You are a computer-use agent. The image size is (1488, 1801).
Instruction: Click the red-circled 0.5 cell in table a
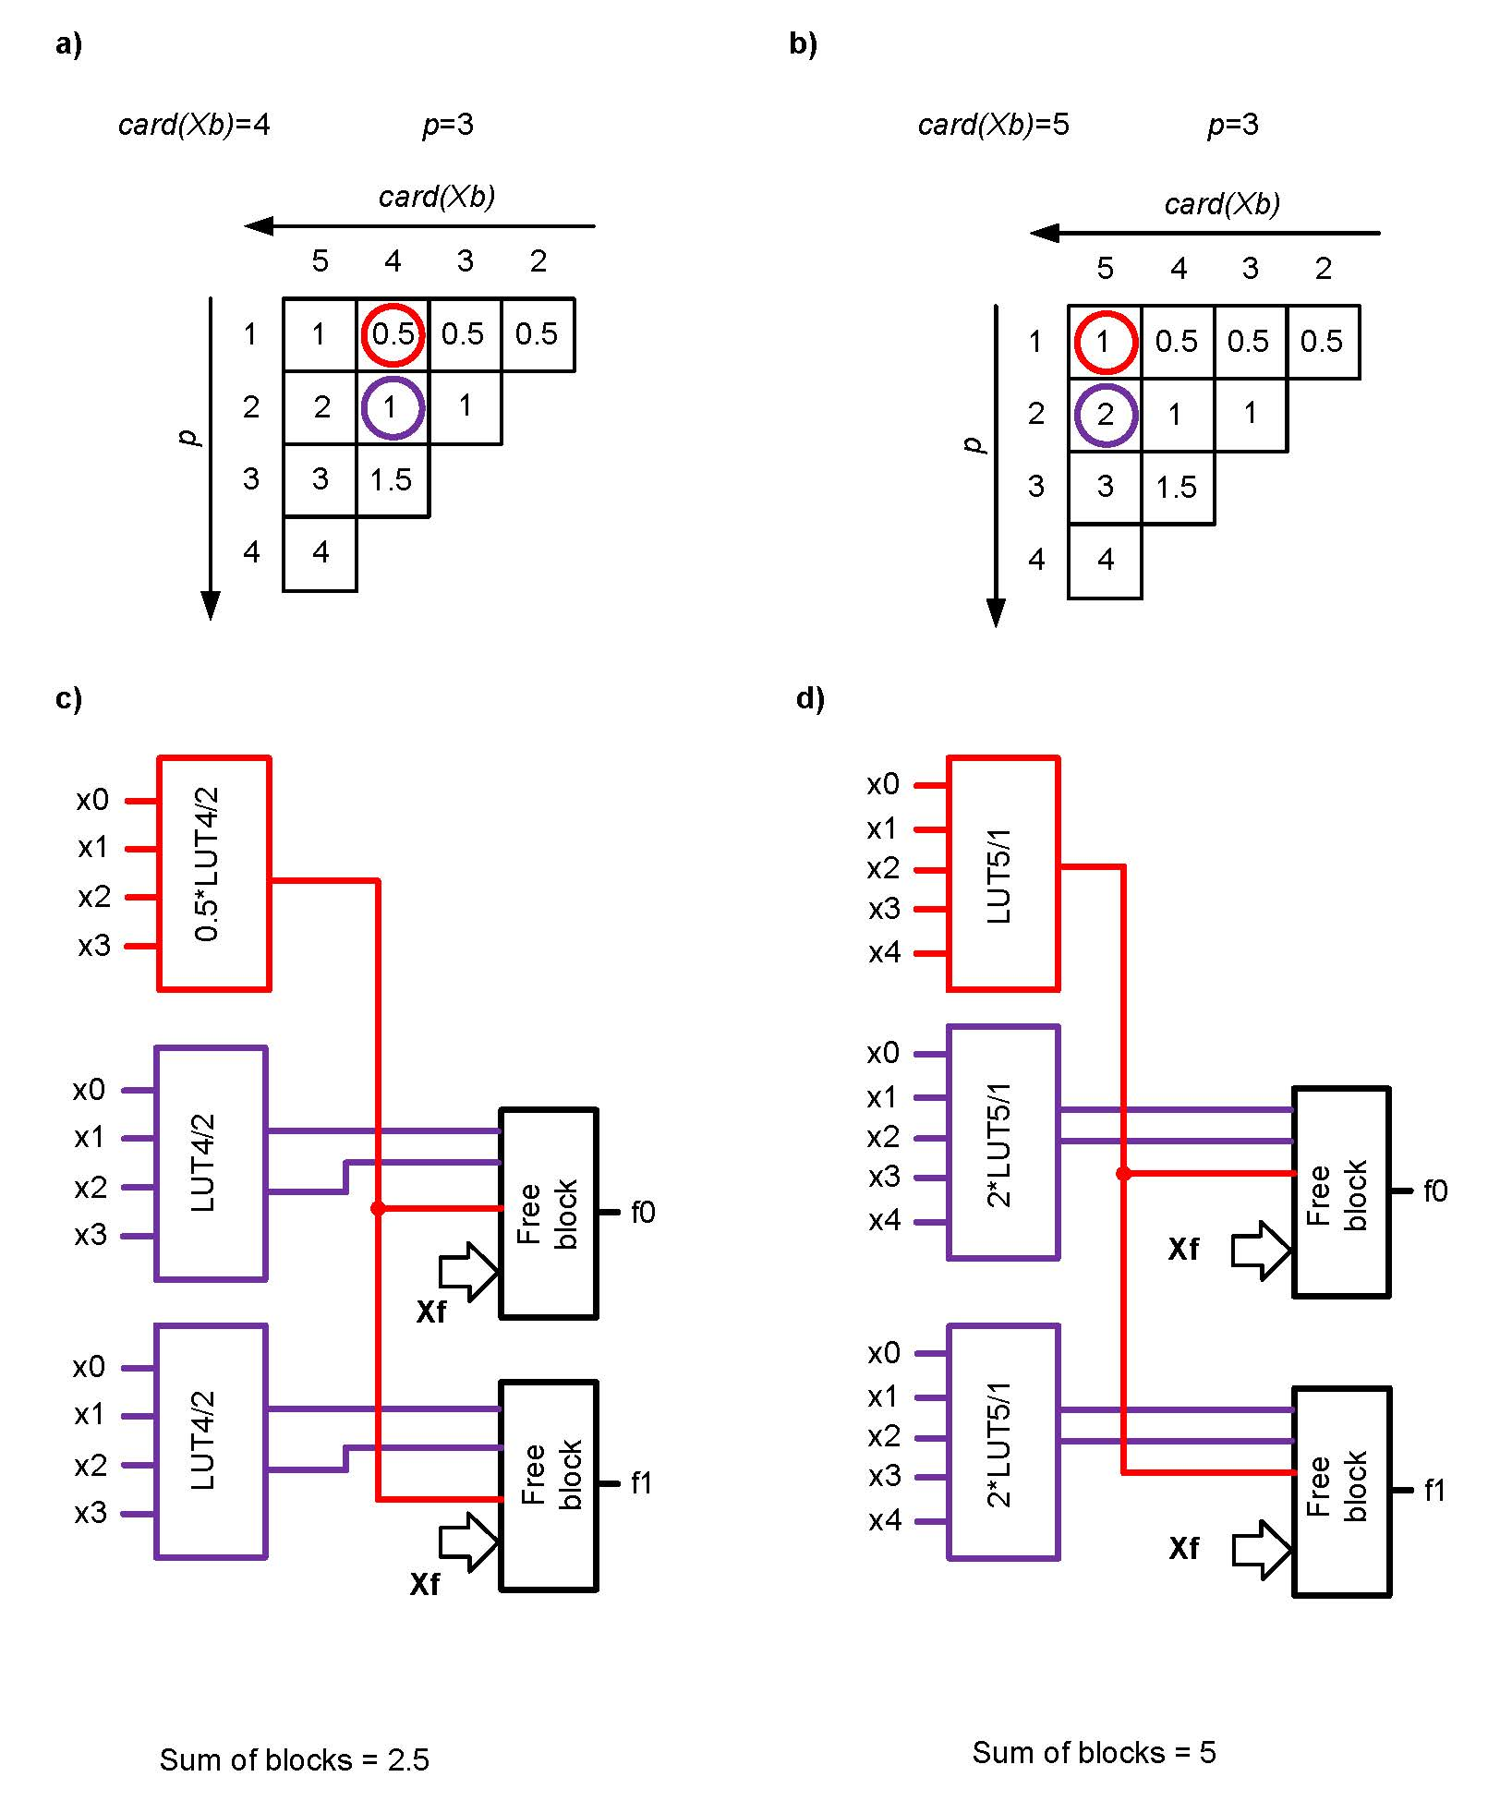pos(393,334)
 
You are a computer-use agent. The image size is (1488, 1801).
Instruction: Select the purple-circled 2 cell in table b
pos(1106,415)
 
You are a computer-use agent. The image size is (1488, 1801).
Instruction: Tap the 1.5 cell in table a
pos(392,480)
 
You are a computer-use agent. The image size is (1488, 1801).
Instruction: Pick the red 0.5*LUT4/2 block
pos(214,873)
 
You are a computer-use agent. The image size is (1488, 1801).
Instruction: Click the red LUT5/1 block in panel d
pos(1003,874)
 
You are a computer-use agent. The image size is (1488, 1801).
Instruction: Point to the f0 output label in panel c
pos(643,1212)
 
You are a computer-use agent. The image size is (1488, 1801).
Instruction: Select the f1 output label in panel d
pos(1434,1491)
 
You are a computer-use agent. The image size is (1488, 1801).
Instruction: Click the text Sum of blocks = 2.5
pos(295,1760)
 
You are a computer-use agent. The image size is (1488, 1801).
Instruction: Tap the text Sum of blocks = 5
pos(1094,1753)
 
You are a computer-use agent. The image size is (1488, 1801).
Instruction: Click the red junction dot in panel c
pos(377,1208)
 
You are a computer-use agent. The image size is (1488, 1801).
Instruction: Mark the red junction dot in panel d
pos(1123,1174)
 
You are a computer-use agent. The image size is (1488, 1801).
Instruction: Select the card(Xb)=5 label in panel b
pos(993,125)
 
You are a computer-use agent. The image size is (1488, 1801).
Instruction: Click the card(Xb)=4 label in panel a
pos(194,125)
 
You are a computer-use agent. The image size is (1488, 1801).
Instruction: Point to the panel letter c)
pos(68,699)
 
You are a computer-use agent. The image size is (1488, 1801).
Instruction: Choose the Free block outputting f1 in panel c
pos(549,1485)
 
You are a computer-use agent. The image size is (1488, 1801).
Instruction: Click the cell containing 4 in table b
pos(1106,561)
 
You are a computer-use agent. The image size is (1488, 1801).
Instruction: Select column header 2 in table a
pos(538,261)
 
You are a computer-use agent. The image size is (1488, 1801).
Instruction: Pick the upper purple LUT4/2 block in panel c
pos(211,1163)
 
